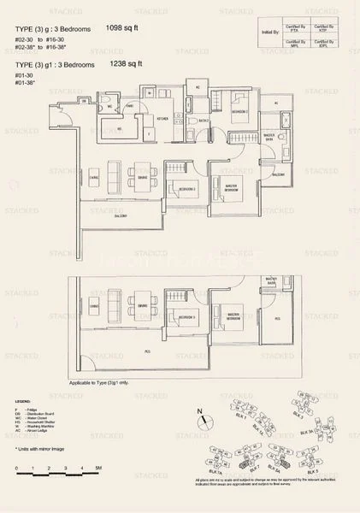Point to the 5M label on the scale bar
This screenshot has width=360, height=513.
click(x=99, y=469)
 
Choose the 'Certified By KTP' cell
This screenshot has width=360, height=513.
click(x=322, y=29)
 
